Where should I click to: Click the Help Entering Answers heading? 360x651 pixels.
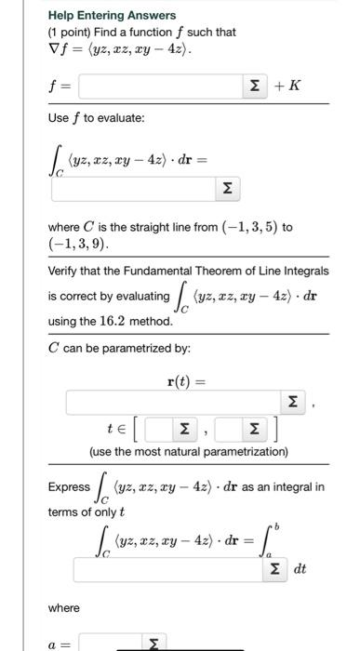[x=112, y=15]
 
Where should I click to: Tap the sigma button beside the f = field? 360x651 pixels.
[x=253, y=87]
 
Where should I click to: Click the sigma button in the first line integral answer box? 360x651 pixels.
[x=226, y=189]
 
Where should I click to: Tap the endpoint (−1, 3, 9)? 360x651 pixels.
[x=79, y=245]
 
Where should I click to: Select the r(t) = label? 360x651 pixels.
[x=189, y=380]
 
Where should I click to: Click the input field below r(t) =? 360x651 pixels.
[x=173, y=404]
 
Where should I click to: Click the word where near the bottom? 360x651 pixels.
[x=63, y=607]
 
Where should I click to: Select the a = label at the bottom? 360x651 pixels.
[x=62, y=642]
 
